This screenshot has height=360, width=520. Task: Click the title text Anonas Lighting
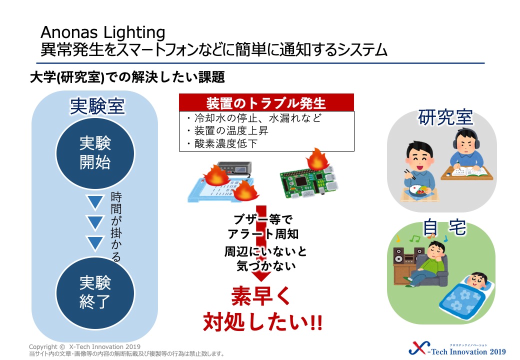pyautogui.click(x=103, y=32)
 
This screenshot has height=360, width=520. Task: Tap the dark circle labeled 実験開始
pyautogui.click(x=95, y=153)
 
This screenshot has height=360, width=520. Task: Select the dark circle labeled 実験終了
pyautogui.click(x=95, y=292)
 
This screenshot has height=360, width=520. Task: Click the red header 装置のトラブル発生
pyautogui.click(x=266, y=103)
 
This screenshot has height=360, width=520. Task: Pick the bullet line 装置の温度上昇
pyautogui.click(x=228, y=130)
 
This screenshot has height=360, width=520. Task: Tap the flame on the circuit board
pyautogui.click(x=317, y=159)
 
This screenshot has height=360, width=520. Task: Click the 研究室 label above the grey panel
pyautogui.click(x=445, y=117)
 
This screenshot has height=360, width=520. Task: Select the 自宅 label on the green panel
pyautogui.click(x=444, y=227)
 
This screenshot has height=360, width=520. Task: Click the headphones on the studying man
pyautogui.click(x=465, y=138)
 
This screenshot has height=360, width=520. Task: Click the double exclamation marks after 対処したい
pyautogui.click(x=316, y=322)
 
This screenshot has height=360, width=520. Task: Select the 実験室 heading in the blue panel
pyautogui.click(x=97, y=106)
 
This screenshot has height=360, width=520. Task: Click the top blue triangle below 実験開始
pyautogui.click(x=95, y=202)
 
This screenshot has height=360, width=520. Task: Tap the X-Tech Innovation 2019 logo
pyautogui.click(x=457, y=348)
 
